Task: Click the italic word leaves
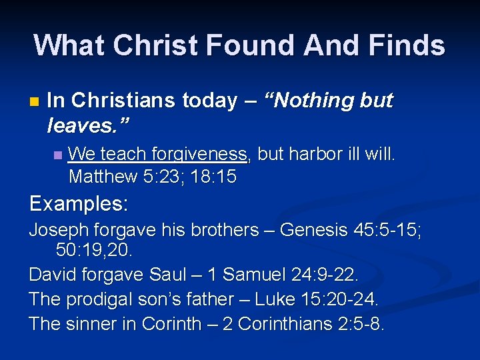click(x=86, y=123)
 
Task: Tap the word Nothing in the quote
click(x=313, y=101)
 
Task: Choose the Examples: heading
click(x=79, y=203)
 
